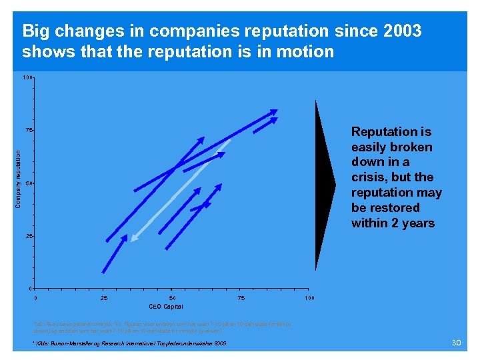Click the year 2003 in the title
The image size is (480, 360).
400,31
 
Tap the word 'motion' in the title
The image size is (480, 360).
303,51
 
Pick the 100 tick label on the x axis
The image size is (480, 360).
309,297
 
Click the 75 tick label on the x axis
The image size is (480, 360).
241,297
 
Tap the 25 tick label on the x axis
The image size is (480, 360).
104,297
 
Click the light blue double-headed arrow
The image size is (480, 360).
180,189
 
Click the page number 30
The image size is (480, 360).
457,342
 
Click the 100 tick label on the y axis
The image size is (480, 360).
27,78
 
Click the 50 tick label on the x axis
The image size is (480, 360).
172,297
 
